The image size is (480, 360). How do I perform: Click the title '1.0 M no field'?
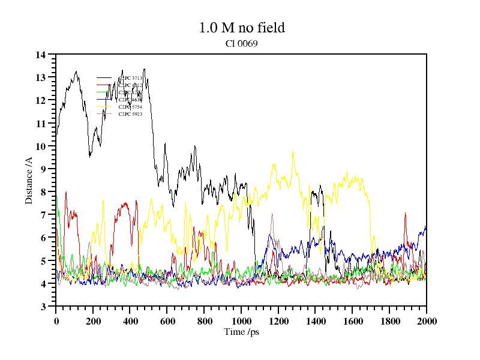point(241,28)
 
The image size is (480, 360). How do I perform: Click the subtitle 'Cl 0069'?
point(241,43)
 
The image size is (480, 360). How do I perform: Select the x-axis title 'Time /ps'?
point(241,332)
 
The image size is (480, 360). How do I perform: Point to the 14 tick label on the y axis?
point(41,55)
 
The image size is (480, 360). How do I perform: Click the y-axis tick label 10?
point(41,146)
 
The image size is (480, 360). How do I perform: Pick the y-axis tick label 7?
point(43,215)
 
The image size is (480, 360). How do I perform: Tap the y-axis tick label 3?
point(43,307)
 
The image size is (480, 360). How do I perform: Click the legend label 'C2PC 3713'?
point(130,78)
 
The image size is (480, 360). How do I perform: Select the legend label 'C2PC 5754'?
point(130,107)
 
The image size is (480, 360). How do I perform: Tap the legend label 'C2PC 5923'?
point(130,114)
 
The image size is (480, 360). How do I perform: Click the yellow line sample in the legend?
point(104,107)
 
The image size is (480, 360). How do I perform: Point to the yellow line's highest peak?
point(293,151)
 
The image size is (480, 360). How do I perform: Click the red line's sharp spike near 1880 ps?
point(406,213)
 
